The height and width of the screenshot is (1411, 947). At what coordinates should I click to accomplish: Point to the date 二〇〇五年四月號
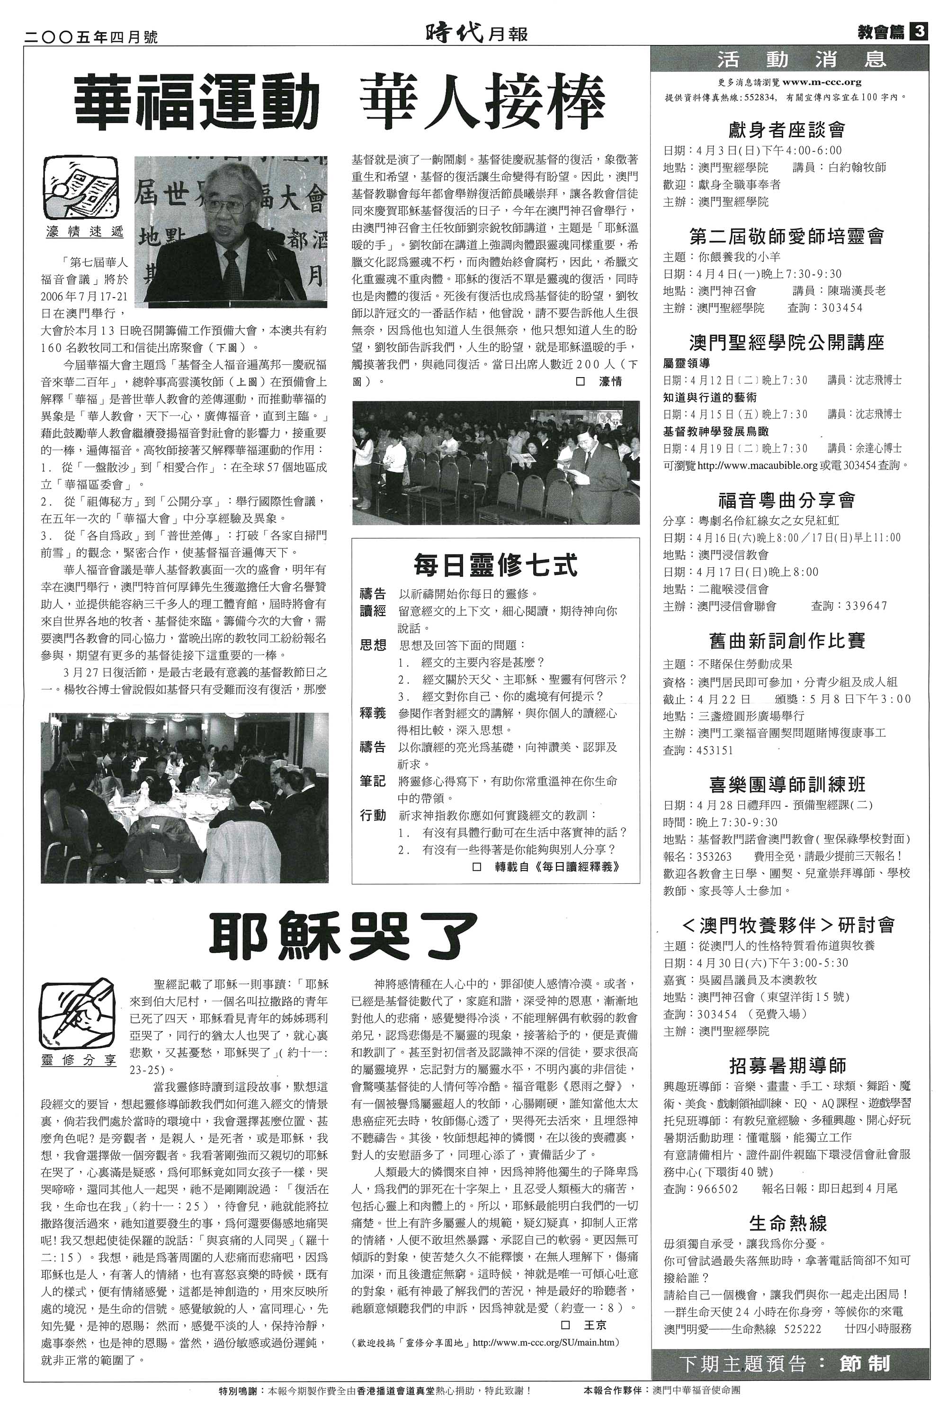point(90,37)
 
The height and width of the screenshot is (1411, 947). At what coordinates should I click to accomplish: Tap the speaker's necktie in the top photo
point(232,271)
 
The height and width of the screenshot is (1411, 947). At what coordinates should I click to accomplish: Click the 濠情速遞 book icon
point(80,188)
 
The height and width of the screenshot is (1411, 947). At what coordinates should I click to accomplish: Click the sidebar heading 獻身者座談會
point(786,130)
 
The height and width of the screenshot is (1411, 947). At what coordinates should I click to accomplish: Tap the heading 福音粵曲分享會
point(786,500)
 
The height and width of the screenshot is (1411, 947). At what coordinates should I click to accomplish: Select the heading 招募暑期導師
point(787,1082)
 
